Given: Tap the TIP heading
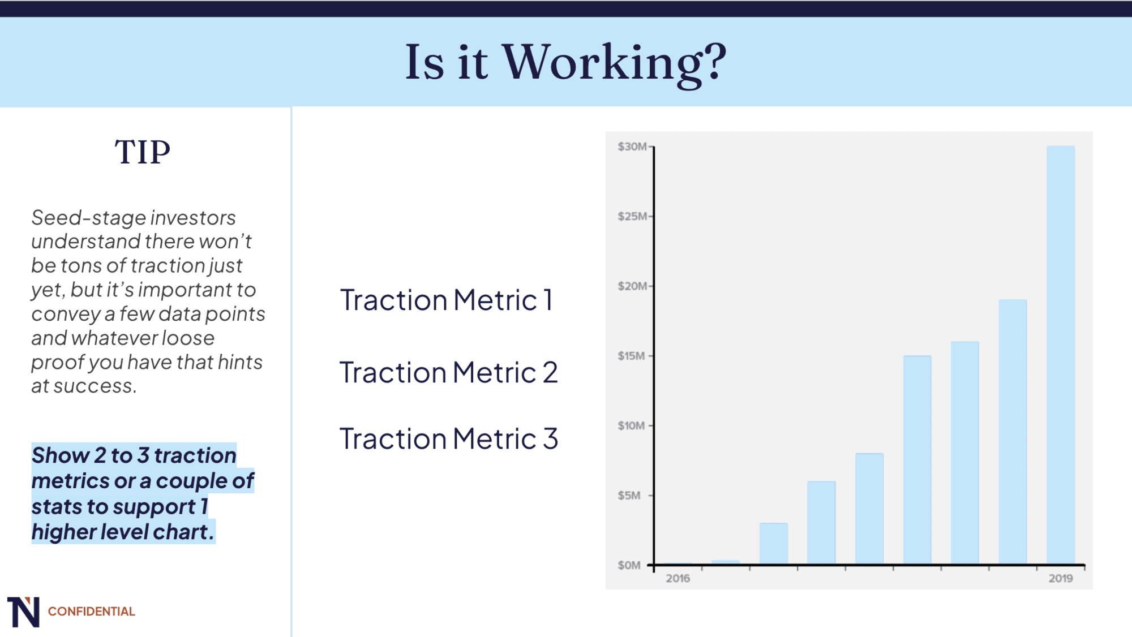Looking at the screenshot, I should coord(143,152).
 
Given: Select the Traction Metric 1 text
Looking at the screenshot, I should coord(446,300).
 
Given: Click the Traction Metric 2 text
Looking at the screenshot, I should coord(448,372).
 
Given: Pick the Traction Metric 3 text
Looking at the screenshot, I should coord(448,438).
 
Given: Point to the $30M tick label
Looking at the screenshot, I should coord(632,147).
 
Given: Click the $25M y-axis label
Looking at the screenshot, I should coord(632,216).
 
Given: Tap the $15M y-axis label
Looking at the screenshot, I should coord(631,356).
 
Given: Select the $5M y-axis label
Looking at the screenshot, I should coord(629,496).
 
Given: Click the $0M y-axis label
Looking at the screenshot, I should coord(629,565).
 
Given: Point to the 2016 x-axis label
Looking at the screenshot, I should coord(678,578).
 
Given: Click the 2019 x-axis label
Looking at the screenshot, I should coord(1060,578).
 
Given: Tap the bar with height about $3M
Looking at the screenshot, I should coord(773,543).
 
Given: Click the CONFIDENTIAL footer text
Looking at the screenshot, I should coord(91,612).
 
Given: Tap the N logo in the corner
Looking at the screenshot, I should coord(23,612).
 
